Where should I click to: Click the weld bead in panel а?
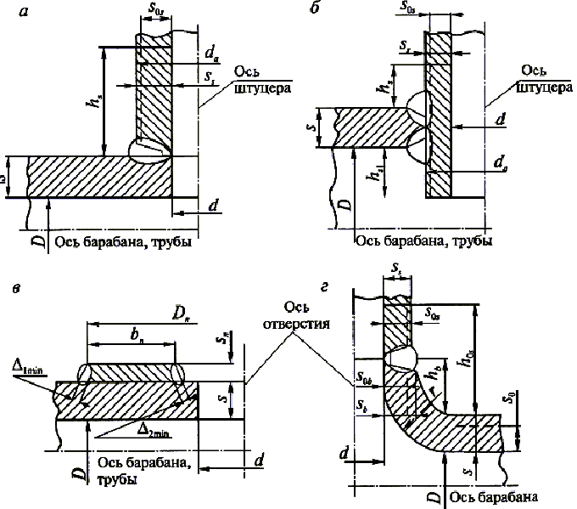click(x=148, y=150)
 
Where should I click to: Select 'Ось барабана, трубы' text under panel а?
click(x=123, y=243)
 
